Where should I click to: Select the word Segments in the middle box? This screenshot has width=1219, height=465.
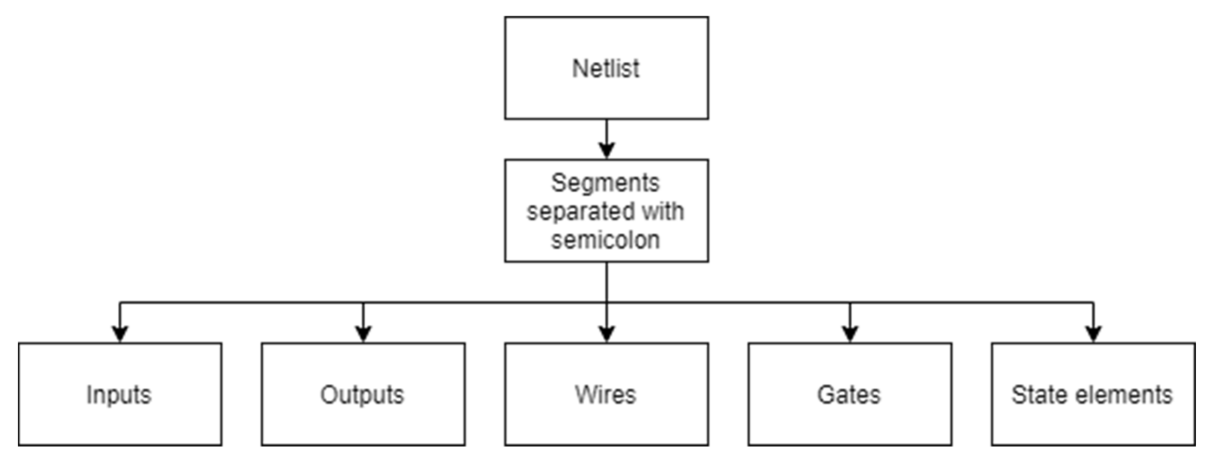click(605, 183)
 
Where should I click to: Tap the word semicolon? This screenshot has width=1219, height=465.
click(605, 240)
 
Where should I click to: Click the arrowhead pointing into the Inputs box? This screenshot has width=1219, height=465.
click(120, 334)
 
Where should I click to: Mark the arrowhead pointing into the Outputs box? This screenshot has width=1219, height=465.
click(363, 334)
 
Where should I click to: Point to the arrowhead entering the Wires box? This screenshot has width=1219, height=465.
click(606, 334)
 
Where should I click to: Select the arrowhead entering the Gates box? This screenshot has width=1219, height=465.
click(850, 334)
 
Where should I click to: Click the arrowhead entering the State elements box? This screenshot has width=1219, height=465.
click(1093, 334)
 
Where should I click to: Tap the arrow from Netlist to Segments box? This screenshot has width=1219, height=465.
click(606, 138)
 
